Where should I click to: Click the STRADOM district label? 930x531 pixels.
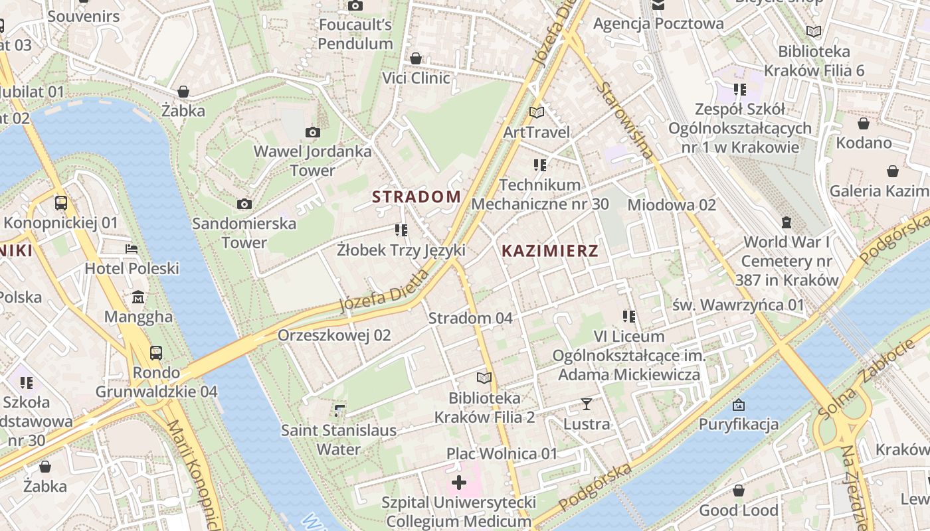(x=417, y=196)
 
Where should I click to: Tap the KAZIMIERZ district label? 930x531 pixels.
(x=550, y=251)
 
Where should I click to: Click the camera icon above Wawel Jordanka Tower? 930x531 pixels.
(x=313, y=133)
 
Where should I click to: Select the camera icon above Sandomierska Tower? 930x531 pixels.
(x=244, y=204)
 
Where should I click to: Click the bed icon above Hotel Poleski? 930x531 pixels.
(x=132, y=249)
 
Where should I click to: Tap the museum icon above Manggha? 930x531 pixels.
(x=138, y=296)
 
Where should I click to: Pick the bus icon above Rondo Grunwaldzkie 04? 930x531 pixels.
(x=156, y=352)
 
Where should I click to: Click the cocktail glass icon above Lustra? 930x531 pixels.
(x=587, y=404)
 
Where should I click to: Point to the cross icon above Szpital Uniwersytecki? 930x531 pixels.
(x=458, y=483)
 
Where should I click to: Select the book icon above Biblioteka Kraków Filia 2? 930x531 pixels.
(x=484, y=378)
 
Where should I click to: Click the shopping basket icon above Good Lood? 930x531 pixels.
(x=739, y=491)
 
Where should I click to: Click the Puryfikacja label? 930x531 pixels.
(x=738, y=424)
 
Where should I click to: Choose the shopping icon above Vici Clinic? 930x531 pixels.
(x=416, y=58)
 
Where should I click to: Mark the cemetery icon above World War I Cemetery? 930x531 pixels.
(x=787, y=222)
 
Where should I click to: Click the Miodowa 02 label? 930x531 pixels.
(x=672, y=204)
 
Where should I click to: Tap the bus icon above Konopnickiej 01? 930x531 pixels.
(x=61, y=202)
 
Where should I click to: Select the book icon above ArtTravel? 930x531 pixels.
(x=537, y=113)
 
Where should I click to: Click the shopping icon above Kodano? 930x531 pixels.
(x=864, y=123)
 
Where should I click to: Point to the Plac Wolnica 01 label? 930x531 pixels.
(x=502, y=454)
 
